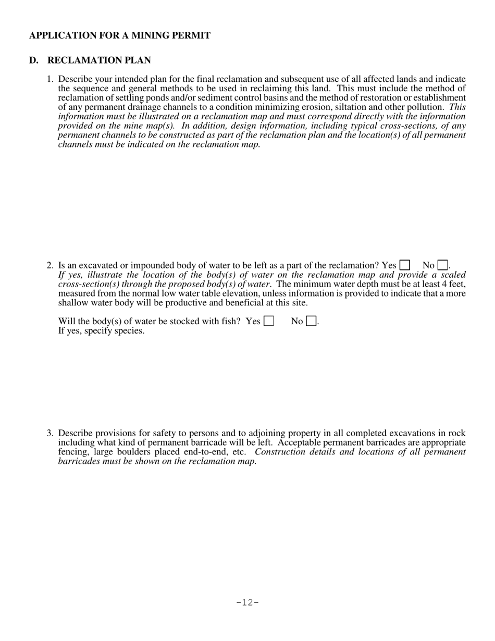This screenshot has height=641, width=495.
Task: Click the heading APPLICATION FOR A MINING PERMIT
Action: tap(120, 35)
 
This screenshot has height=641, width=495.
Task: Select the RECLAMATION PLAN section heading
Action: tap(99, 60)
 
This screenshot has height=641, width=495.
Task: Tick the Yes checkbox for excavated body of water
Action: tap(404, 265)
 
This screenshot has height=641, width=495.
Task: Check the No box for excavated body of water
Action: tap(443, 265)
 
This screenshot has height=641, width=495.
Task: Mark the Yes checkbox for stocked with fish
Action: tap(269, 321)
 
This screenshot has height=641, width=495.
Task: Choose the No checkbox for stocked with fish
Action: tap(311, 321)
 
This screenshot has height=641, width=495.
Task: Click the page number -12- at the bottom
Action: tap(247, 603)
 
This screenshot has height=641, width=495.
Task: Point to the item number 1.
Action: tap(50, 79)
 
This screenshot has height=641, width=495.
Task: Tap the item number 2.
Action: tap(50, 265)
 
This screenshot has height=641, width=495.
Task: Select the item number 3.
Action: tap(50, 433)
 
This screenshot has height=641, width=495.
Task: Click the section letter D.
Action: tap(34, 60)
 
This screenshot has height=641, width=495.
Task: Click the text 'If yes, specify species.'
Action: tap(102, 331)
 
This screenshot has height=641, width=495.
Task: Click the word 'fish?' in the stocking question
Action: tap(230, 321)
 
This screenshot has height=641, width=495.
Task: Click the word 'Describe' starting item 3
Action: tap(75, 433)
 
